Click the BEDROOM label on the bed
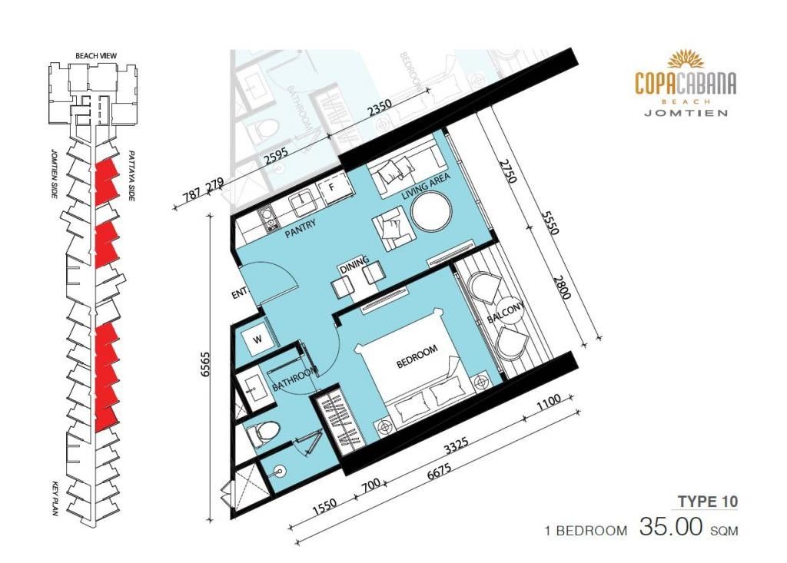(x=417, y=356)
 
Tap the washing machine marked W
(x=257, y=339)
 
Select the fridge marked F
(x=332, y=187)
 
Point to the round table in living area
(x=431, y=212)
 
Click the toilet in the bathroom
(x=263, y=433)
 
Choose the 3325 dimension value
(x=457, y=445)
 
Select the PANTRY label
(x=301, y=230)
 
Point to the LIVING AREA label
(x=426, y=186)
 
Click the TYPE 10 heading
(x=708, y=502)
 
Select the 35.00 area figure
(x=670, y=527)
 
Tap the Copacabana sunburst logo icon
(x=686, y=58)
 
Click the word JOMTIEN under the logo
(x=686, y=113)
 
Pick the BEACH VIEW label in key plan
(x=96, y=56)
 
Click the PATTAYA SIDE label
(x=131, y=176)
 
